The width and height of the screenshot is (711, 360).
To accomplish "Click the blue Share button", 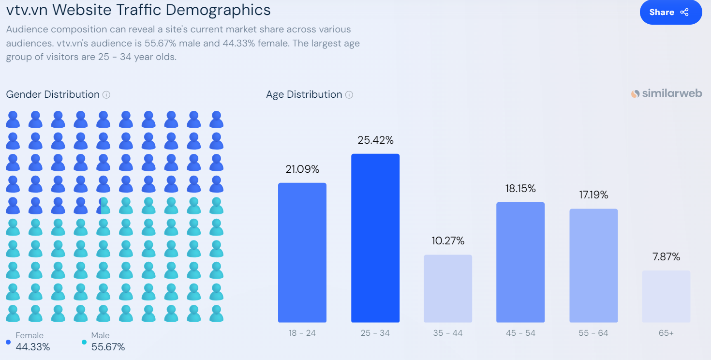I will tap(670, 12).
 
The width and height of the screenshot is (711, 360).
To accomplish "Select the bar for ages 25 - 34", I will tap(375, 238).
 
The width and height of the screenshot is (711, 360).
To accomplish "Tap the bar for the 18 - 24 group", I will tap(302, 253).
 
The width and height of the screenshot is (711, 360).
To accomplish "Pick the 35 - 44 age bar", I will tap(448, 288).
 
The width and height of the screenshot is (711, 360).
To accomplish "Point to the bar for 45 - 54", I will tap(520, 262).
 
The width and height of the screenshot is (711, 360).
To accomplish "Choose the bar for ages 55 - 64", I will tap(593, 266).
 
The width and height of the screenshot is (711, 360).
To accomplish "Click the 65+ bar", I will tap(666, 296).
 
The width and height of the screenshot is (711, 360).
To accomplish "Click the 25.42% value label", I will tap(375, 140).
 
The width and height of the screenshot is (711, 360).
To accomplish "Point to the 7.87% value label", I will tap(666, 257).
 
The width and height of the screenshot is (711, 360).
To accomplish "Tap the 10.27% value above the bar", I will tap(448, 241).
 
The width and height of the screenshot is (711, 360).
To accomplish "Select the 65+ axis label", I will tap(666, 333).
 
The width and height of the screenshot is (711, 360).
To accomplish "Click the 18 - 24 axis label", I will tap(302, 333).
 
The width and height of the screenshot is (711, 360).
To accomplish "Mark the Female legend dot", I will tap(8, 342).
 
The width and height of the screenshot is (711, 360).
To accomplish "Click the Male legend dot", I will tap(84, 342).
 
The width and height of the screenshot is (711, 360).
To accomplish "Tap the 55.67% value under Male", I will tap(108, 347).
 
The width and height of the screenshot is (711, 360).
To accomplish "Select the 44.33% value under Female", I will tap(33, 347).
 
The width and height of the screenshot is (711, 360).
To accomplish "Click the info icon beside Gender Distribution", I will tap(106, 95).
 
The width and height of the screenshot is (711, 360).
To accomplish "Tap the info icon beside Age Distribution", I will tap(349, 95).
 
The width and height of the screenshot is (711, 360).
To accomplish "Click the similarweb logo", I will tap(667, 94).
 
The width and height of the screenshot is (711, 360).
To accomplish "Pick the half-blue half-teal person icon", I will tap(104, 206).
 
